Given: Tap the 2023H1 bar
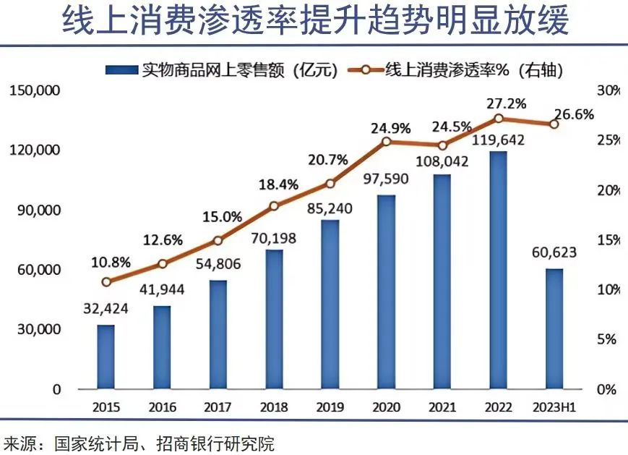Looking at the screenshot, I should tap(554, 328).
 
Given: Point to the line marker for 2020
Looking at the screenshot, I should tap(386, 141).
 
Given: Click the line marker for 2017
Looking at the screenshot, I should tap(218, 241).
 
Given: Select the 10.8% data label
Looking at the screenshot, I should tap(106, 261).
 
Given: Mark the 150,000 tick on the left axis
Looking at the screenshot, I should tap(34, 91).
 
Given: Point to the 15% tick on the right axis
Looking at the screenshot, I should tap(608, 240).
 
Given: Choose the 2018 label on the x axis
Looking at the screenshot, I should tap(274, 407).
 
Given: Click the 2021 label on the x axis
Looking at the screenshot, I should tap(442, 407).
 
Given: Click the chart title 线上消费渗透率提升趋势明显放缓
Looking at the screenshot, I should tap(315, 22).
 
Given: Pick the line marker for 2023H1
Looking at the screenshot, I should tap(554, 124).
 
